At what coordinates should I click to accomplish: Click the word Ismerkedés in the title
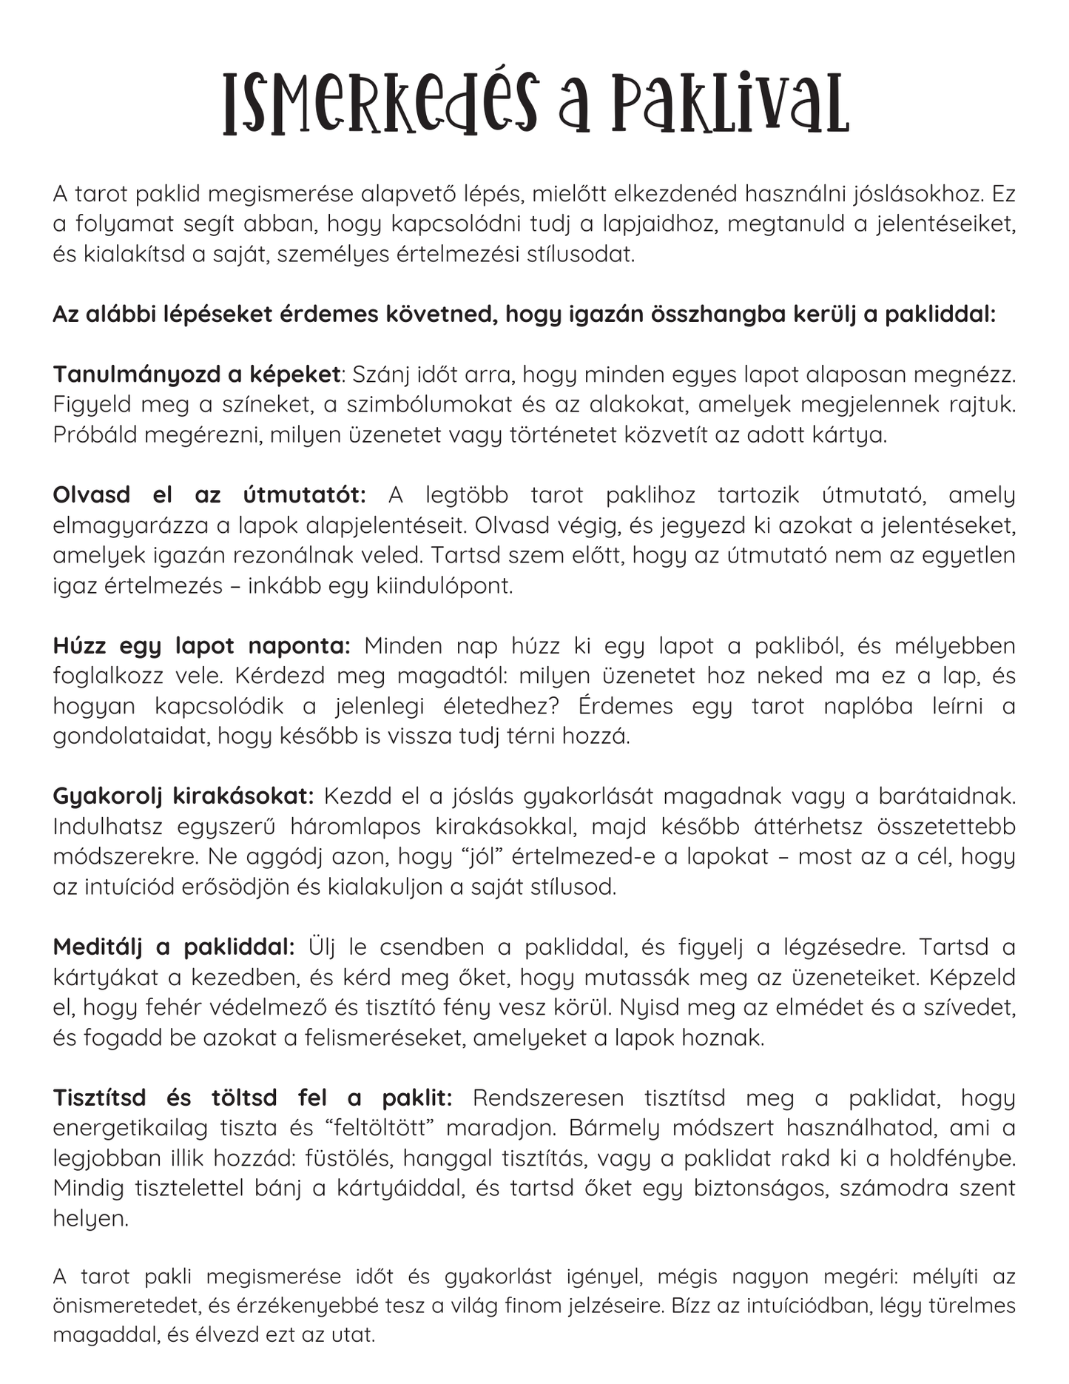click(380, 104)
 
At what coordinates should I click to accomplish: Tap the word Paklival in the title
click(728, 104)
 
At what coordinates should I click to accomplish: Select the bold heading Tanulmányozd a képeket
click(196, 374)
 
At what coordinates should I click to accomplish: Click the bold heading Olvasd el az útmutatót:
click(209, 495)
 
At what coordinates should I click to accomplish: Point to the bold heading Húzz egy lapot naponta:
click(201, 646)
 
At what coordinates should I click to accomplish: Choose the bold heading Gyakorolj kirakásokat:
click(183, 796)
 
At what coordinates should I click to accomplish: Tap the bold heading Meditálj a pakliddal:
click(174, 947)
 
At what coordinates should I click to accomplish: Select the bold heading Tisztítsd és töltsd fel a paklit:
click(252, 1098)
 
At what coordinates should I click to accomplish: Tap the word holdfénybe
click(952, 1158)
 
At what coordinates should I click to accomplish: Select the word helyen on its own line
click(90, 1219)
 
